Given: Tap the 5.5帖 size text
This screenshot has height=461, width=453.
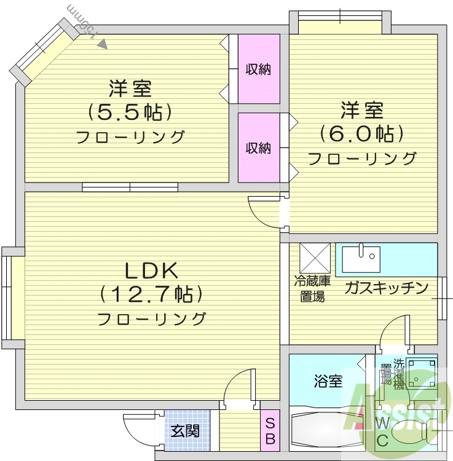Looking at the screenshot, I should pyautogui.click(x=130, y=112).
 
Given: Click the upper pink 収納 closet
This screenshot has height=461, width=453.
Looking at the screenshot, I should pyautogui.click(x=259, y=69).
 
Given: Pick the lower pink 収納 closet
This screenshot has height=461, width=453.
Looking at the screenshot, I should pyautogui.click(x=259, y=148).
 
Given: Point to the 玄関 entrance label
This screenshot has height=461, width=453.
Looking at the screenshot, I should pyautogui.click(x=185, y=431).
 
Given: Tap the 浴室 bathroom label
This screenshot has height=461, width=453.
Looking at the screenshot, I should pyautogui.click(x=328, y=381).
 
